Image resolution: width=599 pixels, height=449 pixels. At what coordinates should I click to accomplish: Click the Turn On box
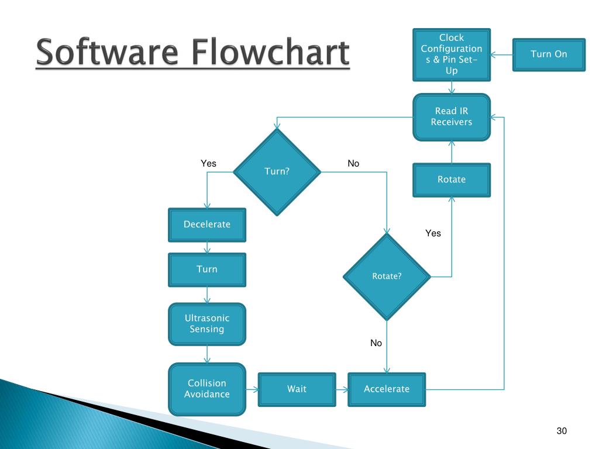(548, 54)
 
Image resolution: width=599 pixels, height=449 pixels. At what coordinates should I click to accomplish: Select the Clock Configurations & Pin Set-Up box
(452, 54)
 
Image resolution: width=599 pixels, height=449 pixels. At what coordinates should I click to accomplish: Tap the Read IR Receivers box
(452, 117)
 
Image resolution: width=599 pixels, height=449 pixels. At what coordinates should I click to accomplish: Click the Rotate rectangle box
(452, 179)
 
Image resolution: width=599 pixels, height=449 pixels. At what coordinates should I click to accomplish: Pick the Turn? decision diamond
(277, 172)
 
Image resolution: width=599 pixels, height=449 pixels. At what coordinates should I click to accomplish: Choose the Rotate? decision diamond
(387, 277)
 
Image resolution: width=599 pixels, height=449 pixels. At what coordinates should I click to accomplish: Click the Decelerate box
(207, 224)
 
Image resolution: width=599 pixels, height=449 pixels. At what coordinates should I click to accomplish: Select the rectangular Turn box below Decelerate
(207, 270)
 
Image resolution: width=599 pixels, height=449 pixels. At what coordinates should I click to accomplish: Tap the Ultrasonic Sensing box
(207, 324)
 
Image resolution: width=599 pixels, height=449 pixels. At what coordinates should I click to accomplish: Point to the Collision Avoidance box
(207, 389)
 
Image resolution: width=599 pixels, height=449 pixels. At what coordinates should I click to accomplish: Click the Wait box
(297, 389)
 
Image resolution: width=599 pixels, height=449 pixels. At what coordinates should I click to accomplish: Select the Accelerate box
(387, 389)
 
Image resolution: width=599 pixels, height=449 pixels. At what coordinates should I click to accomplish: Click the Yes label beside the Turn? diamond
(208, 164)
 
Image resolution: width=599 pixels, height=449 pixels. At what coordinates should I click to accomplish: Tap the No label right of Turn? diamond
(353, 164)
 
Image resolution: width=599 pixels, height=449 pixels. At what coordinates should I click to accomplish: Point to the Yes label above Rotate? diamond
(433, 233)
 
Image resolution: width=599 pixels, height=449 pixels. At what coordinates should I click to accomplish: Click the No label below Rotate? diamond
(376, 343)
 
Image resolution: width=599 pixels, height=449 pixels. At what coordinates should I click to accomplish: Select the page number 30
(562, 431)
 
